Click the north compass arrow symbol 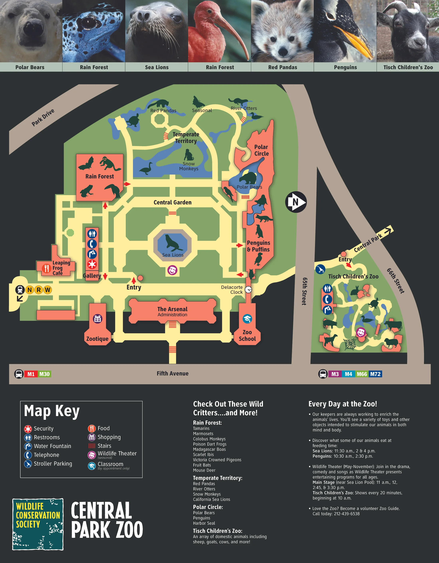click(x=296, y=202)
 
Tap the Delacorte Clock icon click(x=248, y=289)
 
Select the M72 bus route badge click(x=375, y=374)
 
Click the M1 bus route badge click(x=31, y=374)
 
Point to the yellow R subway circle click(x=39, y=290)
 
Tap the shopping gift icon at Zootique click(x=97, y=319)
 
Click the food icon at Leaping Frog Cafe click(x=47, y=268)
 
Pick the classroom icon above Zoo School click(x=247, y=319)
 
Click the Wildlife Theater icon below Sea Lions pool click(x=172, y=270)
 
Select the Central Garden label click(x=172, y=202)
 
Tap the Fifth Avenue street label click(x=172, y=373)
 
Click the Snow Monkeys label click(x=189, y=166)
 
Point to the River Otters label click(x=244, y=108)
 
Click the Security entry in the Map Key click(x=39, y=429)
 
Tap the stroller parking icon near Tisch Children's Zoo click(x=320, y=269)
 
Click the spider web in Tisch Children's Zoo click(x=350, y=344)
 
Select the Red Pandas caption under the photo click(x=282, y=67)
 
